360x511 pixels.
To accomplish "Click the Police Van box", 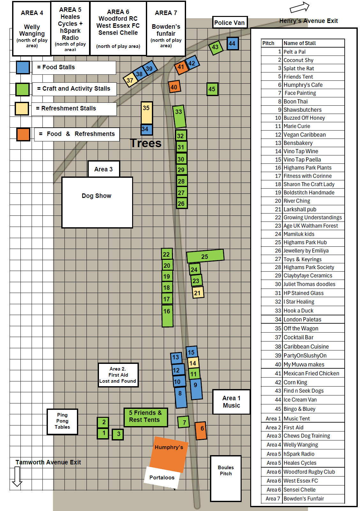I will pyautogui.click(x=229, y=23).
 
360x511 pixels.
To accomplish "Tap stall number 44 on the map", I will pyautogui.click(x=232, y=43).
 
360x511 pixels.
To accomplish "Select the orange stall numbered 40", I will pyautogui.click(x=174, y=87).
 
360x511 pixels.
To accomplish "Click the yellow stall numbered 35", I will pyautogui.click(x=146, y=113).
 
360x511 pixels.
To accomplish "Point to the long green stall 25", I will pyautogui.click(x=205, y=256).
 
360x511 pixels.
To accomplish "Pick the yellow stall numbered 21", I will pyautogui.click(x=198, y=293).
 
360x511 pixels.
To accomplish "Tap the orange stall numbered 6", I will pyautogui.click(x=201, y=430).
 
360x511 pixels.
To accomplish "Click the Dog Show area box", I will pyautogui.click(x=97, y=202).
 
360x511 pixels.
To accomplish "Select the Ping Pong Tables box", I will pyautogui.click(x=62, y=421).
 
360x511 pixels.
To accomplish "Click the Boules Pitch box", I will pyautogui.click(x=226, y=478).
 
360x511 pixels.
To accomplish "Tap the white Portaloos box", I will pyautogui.click(x=162, y=477).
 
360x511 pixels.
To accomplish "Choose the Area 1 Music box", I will pyautogui.click(x=231, y=402).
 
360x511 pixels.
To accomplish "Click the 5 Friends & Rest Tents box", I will pyautogui.click(x=146, y=417).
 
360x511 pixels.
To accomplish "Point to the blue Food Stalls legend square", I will pyautogui.click(x=23, y=67).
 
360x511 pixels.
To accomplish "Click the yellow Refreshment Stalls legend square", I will pyautogui.click(x=22, y=109).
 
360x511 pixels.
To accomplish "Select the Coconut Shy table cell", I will pyautogui.click(x=298, y=60).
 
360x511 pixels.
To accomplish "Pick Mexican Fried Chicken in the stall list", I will pyautogui.click(x=311, y=373).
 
